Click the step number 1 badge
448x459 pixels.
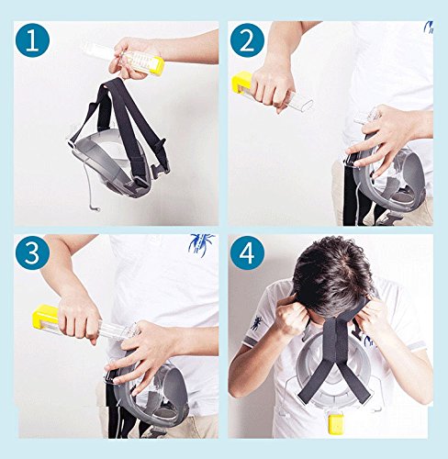pos(32,40)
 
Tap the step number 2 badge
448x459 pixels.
pos(247,40)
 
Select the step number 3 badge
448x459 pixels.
pos(32,252)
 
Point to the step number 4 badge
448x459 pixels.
pos(247,252)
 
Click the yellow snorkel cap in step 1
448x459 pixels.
pos(158,66)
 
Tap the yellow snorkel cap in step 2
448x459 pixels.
pos(241,82)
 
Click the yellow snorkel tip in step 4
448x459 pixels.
pos(335,424)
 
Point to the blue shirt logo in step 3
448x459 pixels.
pos(200,242)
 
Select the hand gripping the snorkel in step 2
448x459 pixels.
pos(272,87)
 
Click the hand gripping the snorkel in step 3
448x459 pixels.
pos(79,319)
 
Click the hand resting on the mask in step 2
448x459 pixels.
pos(383,136)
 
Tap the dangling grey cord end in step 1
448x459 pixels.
pos(95,208)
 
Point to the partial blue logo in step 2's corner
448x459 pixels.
pos(429,27)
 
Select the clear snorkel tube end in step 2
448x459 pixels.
pos(301,103)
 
